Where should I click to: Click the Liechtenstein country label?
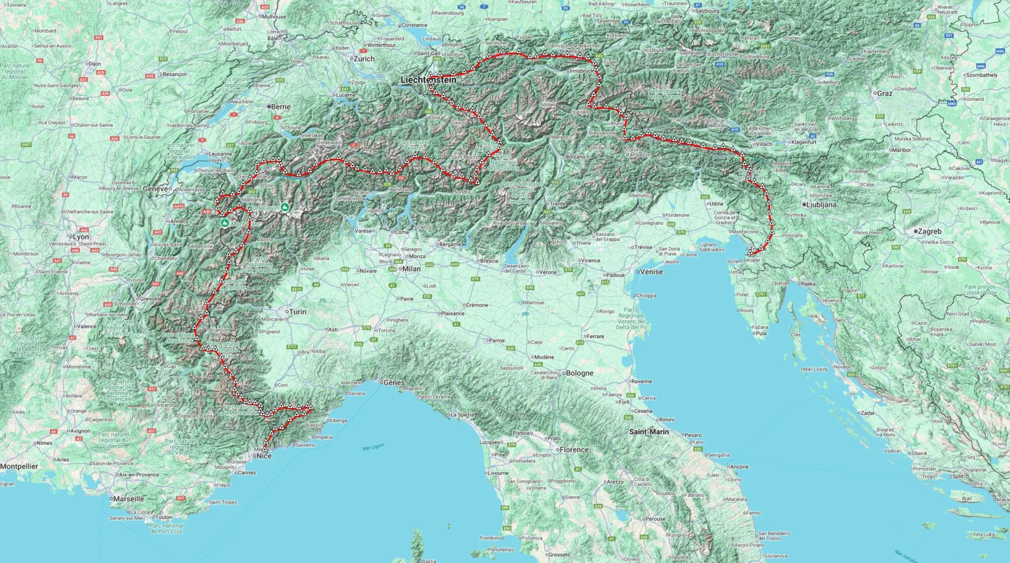tap(428, 80)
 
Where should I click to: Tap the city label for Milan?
tap(411, 269)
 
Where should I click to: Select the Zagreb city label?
tap(929, 231)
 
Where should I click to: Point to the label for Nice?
tap(264, 456)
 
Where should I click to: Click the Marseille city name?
tap(128, 499)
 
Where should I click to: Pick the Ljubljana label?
tap(821, 205)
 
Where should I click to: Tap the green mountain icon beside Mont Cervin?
tap(285, 208)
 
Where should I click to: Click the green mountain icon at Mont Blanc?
tap(225, 223)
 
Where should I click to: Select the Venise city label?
tap(651, 272)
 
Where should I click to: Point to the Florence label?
tap(574, 450)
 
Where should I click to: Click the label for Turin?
tap(297, 312)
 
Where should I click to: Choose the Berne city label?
tap(281, 107)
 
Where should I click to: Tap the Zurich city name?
tap(364, 59)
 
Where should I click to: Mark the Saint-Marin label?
tap(649, 432)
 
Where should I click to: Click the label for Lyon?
tap(80, 237)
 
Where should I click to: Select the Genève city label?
tap(155, 189)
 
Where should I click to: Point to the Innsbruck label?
tap(581, 71)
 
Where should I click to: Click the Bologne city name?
tap(580, 373)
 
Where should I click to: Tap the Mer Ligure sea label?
tap(373, 447)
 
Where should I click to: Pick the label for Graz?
tap(884, 94)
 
